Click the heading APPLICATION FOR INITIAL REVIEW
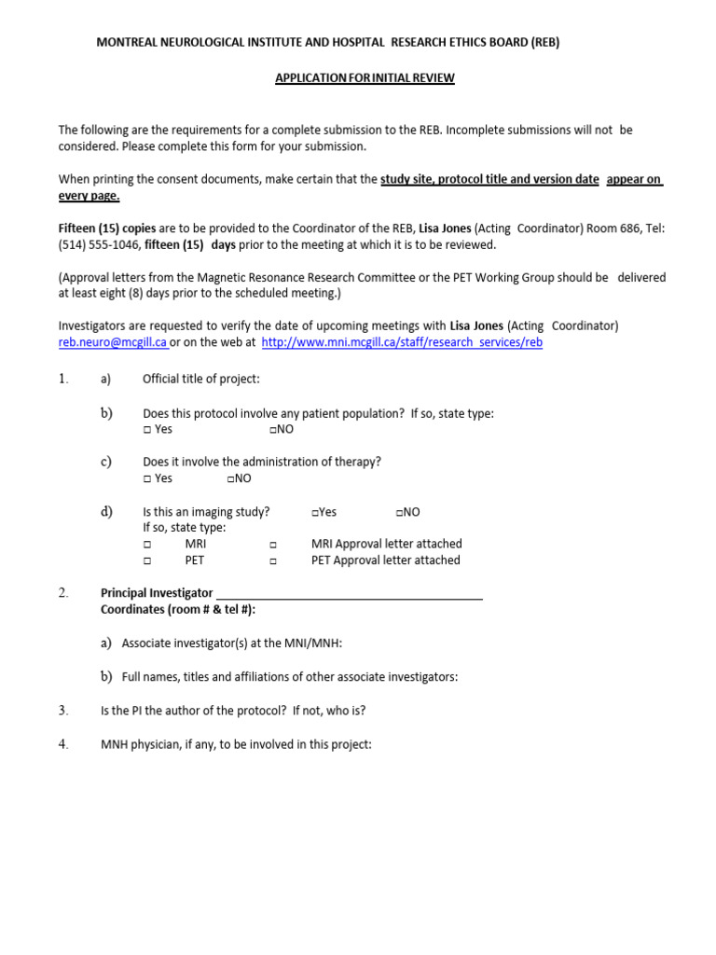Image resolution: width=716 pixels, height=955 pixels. (x=365, y=78)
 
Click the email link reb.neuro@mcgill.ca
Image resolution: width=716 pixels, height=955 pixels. (x=113, y=342)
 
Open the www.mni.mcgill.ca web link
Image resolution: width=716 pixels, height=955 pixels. (x=402, y=342)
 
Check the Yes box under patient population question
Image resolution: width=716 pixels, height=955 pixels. (x=147, y=430)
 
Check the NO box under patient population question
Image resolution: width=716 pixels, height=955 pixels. (x=272, y=430)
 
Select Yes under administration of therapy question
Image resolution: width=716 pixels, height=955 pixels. (x=147, y=478)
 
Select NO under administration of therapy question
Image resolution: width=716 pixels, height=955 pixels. (x=230, y=478)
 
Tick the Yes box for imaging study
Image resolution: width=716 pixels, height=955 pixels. (x=315, y=512)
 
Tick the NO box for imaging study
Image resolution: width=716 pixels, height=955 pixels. (x=399, y=512)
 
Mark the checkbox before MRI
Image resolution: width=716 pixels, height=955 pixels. (x=147, y=545)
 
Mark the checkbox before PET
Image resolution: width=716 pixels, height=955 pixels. (x=147, y=561)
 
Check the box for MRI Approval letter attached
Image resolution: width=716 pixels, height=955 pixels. (x=273, y=545)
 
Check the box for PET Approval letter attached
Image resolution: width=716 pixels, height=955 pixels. (x=273, y=561)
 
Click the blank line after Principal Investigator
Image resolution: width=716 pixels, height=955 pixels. (x=349, y=594)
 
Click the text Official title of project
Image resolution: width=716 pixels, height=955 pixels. (x=201, y=379)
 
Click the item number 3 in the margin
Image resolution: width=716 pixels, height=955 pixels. (x=63, y=711)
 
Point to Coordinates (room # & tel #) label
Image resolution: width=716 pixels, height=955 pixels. (x=178, y=610)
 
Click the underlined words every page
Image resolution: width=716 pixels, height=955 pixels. (x=89, y=196)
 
